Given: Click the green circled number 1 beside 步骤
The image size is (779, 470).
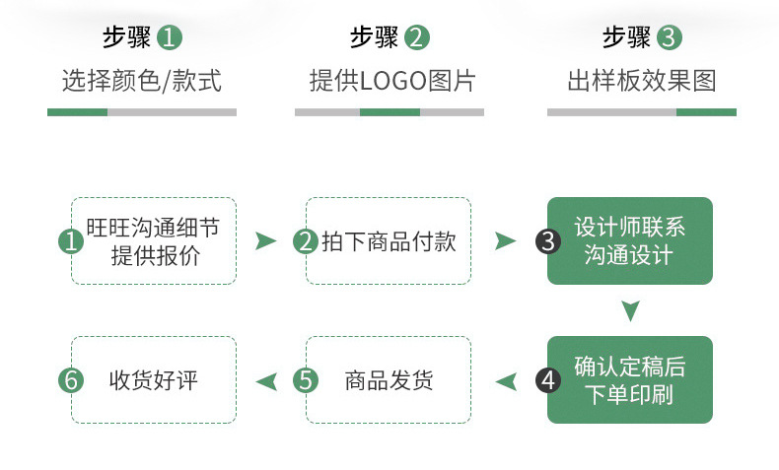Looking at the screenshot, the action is click(171, 38).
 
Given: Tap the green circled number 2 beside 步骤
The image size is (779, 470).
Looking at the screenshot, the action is click(417, 38).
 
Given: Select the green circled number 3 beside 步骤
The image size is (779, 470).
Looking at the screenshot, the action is click(670, 38).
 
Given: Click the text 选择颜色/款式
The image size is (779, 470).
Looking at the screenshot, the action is click(142, 81).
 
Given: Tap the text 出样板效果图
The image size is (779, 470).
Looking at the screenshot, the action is click(641, 81).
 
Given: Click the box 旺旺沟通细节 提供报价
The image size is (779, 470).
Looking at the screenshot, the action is click(154, 241).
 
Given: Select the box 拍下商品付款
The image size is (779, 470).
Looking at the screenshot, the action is click(389, 241).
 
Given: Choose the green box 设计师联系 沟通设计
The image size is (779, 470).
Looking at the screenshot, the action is click(629, 241).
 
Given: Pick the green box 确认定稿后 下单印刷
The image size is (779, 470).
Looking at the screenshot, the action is click(629, 380).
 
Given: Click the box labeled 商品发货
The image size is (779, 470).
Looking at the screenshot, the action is click(389, 380).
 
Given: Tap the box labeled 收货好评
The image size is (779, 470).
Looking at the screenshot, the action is click(154, 380).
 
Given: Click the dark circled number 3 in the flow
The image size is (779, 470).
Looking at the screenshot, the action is click(548, 241).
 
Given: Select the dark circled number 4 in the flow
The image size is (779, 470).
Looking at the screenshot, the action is click(548, 380).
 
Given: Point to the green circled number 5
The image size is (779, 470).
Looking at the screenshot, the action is click(307, 380).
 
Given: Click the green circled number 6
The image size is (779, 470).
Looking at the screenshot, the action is click(71, 380).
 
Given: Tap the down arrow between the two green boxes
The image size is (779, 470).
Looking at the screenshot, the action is click(630, 311).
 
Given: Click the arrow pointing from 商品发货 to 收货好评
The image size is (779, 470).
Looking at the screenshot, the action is click(265, 380).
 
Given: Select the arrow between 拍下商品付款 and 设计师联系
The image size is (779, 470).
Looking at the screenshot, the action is click(505, 241).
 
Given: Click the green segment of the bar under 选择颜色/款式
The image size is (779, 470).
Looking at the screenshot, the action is click(77, 112).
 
